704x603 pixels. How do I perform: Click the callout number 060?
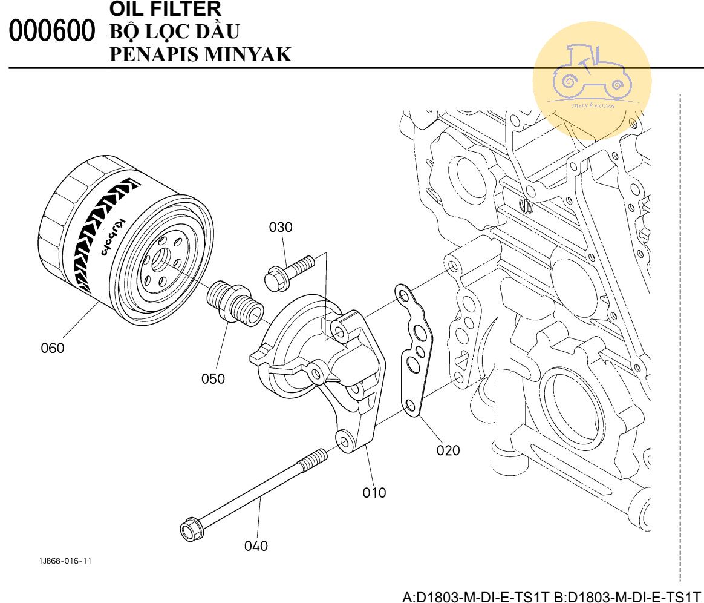click(53, 348)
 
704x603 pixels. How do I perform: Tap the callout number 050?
click(213, 379)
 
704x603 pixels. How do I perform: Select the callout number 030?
click(281, 228)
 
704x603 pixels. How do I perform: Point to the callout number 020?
click(448, 450)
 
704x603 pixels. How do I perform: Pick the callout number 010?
click(374, 492)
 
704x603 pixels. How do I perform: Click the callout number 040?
click(256, 546)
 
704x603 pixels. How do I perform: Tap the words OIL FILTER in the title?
click(166, 8)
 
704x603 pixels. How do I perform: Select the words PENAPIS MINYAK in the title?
click(201, 54)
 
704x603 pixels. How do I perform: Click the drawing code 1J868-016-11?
click(65, 561)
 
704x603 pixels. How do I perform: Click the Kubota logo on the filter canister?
click(111, 236)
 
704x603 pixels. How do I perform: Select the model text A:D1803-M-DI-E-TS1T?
click(475, 597)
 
